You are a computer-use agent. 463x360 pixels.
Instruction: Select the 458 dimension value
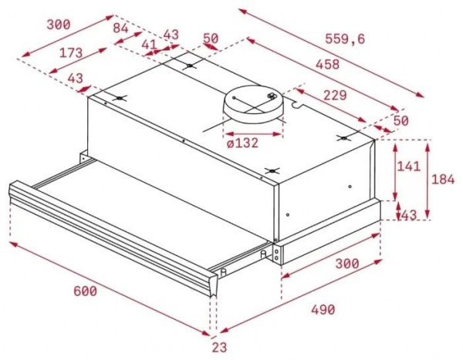coord(327,66)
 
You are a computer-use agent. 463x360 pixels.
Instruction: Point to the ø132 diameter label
coord(242,142)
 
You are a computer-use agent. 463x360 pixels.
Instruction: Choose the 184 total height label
coord(442,180)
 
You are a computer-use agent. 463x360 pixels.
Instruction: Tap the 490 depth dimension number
coord(323,309)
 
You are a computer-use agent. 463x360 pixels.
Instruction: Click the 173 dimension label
coord(71,52)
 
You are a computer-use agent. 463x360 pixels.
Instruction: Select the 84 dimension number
coord(121,29)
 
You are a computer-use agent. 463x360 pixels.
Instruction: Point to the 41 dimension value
coord(150,45)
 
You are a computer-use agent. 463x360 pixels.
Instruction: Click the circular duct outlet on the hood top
coord(252,103)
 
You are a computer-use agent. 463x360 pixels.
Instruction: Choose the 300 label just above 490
coord(346,263)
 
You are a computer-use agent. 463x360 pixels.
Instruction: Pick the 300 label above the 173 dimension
coord(58,24)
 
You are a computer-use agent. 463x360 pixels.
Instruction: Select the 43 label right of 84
coord(171,34)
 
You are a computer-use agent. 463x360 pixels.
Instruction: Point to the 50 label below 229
coord(400,120)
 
